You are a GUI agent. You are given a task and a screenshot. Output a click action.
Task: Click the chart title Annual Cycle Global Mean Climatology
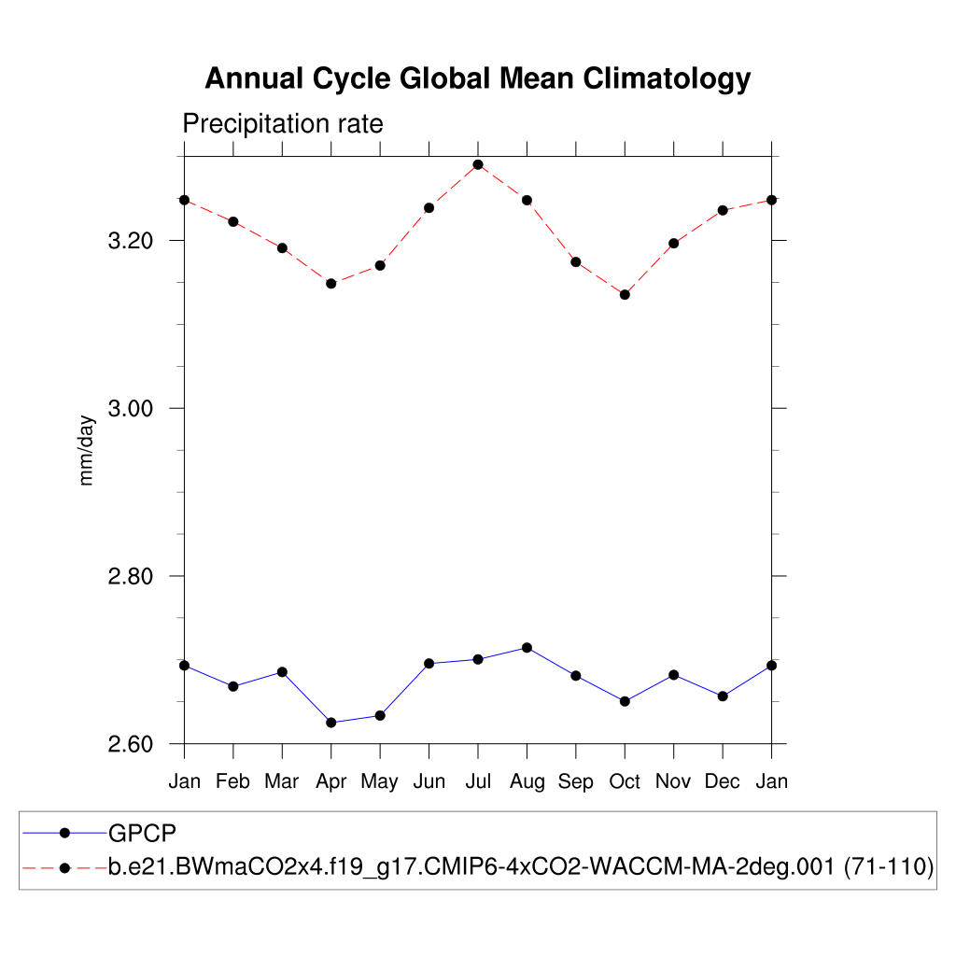pyautogui.click(x=477, y=79)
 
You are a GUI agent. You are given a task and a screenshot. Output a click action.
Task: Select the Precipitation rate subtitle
pyautogui.click(x=282, y=124)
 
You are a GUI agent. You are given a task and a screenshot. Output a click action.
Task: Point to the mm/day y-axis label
pyautogui.click(x=88, y=449)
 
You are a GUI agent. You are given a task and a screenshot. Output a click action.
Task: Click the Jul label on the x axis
pyautogui.click(x=478, y=781)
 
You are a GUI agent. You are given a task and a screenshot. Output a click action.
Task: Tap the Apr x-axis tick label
pyautogui.click(x=330, y=781)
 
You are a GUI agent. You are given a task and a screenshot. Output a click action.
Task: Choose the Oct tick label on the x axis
pyautogui.click(x=625, y=781)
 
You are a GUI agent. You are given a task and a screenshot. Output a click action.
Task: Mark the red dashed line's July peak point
pyautogui.click(x=478, y=164)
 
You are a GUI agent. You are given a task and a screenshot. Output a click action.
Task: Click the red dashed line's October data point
pyautogui.click(x=625, y=294)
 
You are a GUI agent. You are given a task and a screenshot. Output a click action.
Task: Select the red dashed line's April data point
pyautogui.click(x=330, y=283)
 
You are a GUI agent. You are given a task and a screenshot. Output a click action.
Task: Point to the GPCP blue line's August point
pyautogui.click(x=527, y=647)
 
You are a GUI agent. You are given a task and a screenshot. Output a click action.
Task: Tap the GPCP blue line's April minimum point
pyautogui.click(x=330, y=722)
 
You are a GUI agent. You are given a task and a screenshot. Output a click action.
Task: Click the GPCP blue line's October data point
pyautogui.click(x=625, y=701)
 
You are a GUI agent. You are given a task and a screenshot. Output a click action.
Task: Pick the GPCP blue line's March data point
pyautogui.click(x=282, y=671)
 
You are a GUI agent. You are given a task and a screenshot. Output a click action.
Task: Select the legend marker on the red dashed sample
pyautogui.click(x=64, y=867)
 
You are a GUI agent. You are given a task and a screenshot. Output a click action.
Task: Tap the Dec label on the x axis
pyautogui.click(x=722, y=781)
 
